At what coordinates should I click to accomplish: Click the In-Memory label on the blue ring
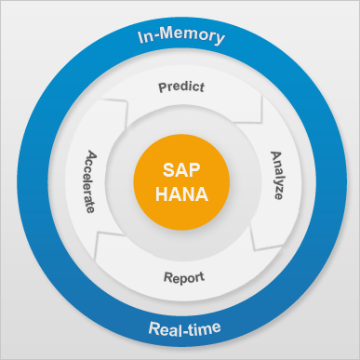pyautogui.click(x=180, y=36)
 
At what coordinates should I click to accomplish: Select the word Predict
pyautogui.click(x=182, y=87)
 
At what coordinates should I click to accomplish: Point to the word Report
pyautogui.click(x=183, y=277)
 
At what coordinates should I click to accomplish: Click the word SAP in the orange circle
pyautogui.click(x=181, y=170)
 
